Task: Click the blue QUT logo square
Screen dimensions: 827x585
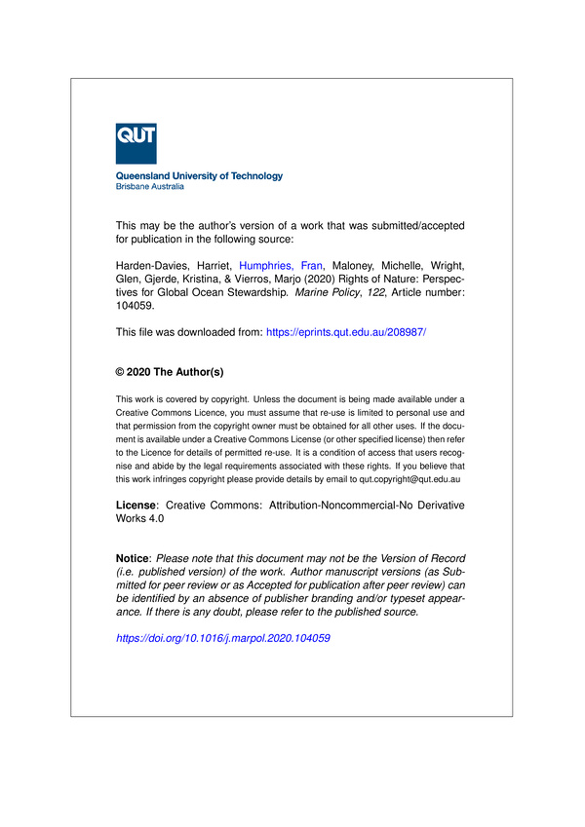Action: point(136,143)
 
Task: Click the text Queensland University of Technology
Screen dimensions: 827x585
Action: point(199,176)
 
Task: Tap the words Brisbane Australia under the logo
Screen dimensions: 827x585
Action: point(148,186)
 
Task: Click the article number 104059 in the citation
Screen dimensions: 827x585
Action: point(138,304)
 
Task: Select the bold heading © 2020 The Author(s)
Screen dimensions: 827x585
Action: point(170,372)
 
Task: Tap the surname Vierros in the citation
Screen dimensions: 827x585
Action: point(241,278)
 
